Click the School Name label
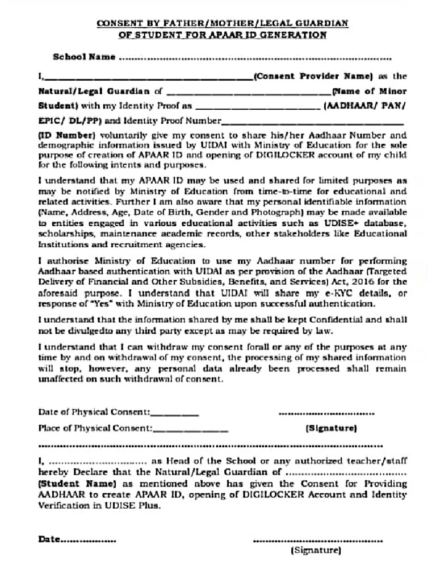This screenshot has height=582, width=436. (84, 57)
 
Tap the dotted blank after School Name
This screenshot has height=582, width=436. (255, 58)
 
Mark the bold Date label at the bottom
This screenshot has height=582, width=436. (49, 540)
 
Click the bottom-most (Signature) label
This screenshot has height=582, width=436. (315, 551)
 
